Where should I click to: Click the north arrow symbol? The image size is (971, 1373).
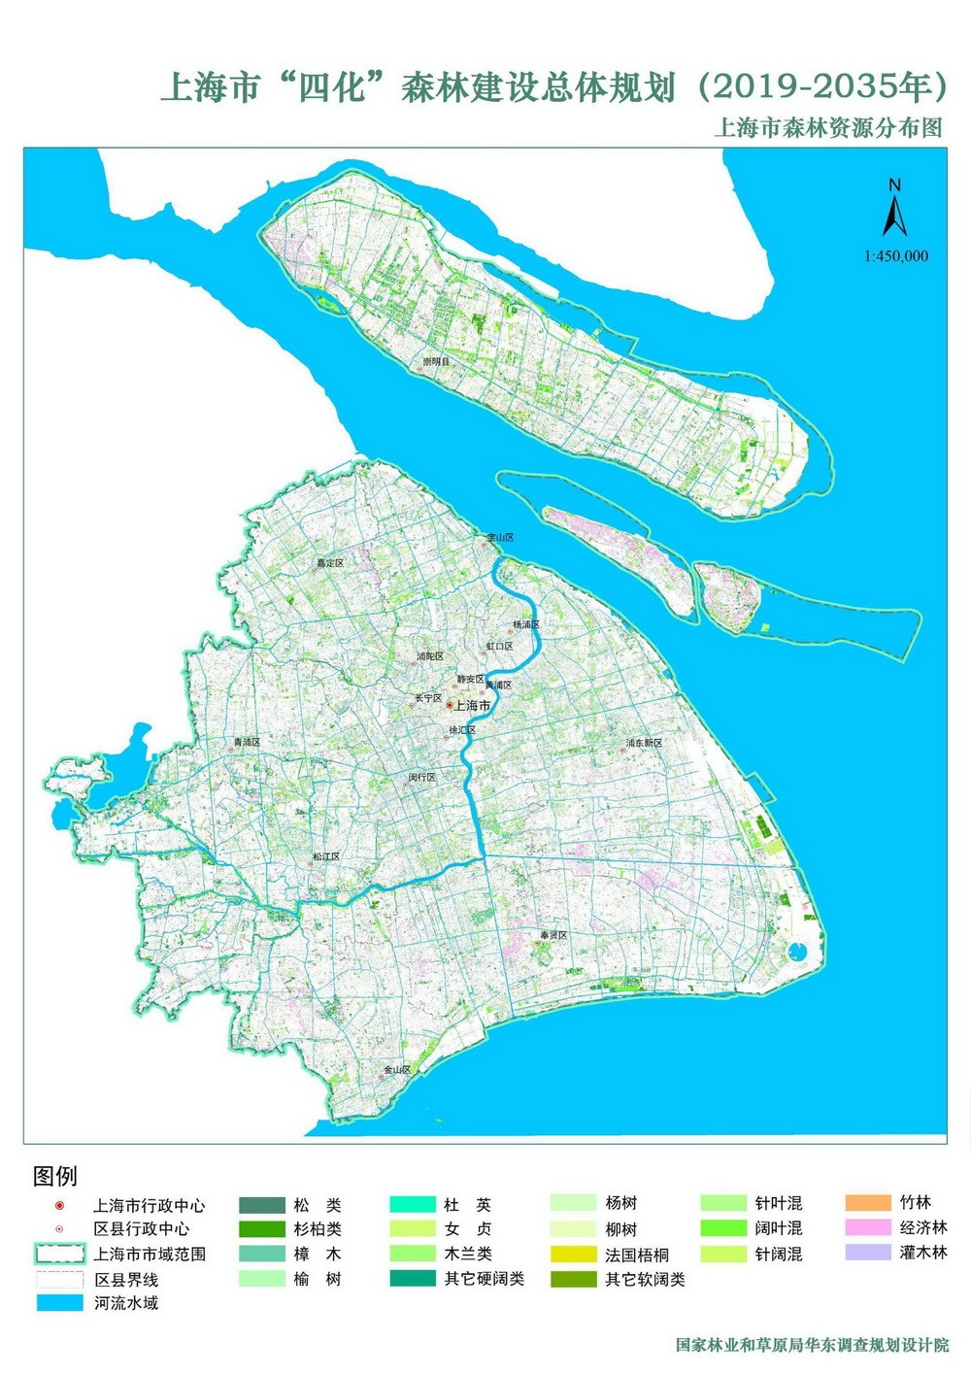(x=894, y=210)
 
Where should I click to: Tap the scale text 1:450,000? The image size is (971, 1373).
(x=895, y=256)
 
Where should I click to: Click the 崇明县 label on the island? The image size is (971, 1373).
(x=436, y=361)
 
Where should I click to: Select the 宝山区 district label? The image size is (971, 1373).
(x=500, y=537)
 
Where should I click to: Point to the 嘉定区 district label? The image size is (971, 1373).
(x=330, y=562)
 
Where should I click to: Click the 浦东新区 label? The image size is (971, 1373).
(x=643, y=743)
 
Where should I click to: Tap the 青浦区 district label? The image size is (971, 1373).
(x=246, y=742)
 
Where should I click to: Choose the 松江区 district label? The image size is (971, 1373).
(x=325, y=857)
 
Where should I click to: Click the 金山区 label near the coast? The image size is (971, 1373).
(x=397, y=1069)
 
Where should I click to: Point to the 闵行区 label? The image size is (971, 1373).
(x=421, y=778)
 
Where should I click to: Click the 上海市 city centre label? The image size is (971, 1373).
(x=472, y=706)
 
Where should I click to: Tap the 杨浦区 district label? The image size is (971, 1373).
(x=525, y=624)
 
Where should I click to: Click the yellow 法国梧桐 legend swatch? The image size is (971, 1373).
(x=572, y=1255)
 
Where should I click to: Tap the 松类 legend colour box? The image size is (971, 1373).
(x=261, y=1205)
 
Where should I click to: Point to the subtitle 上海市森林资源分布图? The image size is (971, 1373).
(x=827, y=128)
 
